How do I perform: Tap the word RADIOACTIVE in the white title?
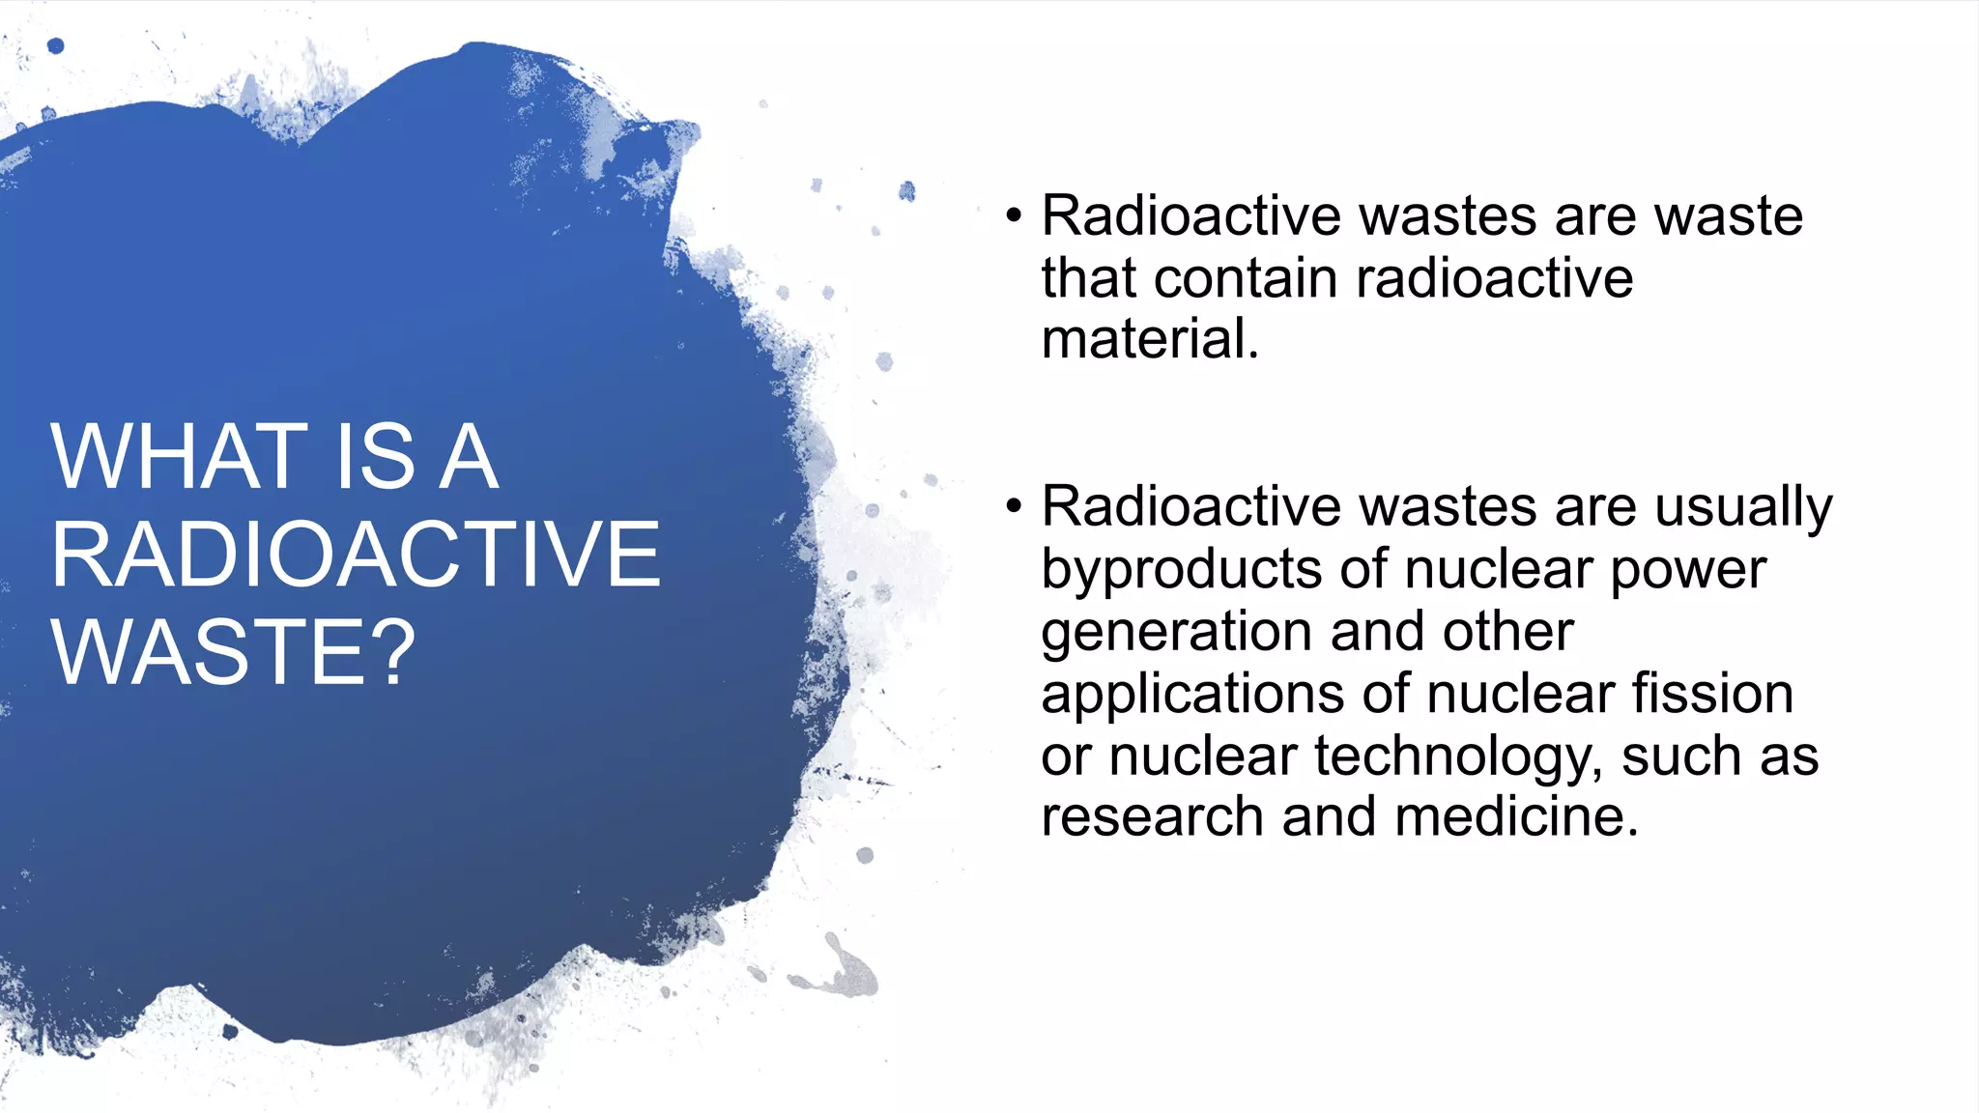pyautogui.click(x=356, y=555)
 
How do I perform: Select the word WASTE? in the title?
pyautogui.click(x=233, y=653)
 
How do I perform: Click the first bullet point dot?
pyautogui.click(x=1013, y=215)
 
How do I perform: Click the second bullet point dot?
pyautogui.click(x=1013, y=506)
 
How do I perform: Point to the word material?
pyautogui.click(x=1150, y=339)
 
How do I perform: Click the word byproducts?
pyautogui.click(x=1182, y=570)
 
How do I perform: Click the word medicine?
pyautogui.click(x=1517, y=817)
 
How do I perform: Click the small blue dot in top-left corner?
pyautogui.click(x=55, y=45)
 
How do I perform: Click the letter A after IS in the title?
pyautogui.click(x=469, y=457)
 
